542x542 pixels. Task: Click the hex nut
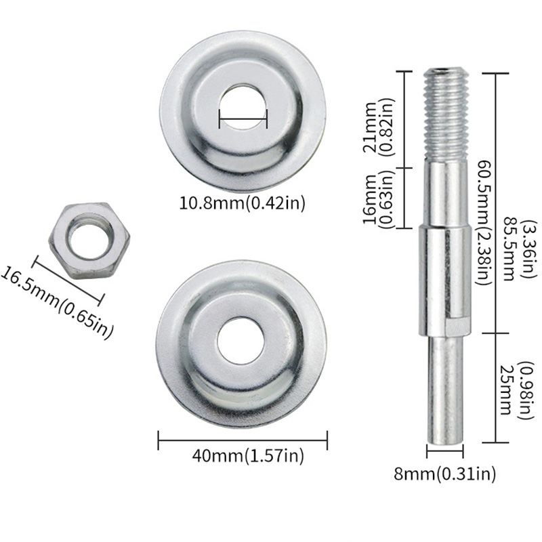pos(89,241)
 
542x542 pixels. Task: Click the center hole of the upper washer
pos(243,108)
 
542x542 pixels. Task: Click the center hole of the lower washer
pos(241,341)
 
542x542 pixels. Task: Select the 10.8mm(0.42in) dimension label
pos(243,203)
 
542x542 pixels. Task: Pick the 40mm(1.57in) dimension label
pos(248,455)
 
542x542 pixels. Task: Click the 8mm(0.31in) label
pos(444,473)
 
